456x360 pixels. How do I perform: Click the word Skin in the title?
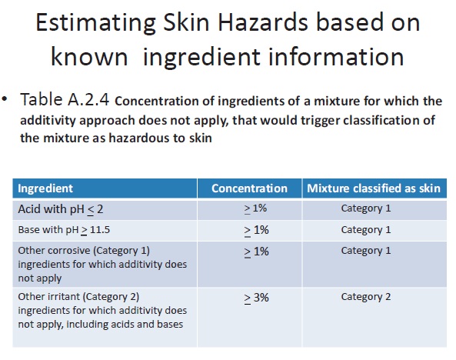[x=186, y=22]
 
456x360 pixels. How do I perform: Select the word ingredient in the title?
[x=201, y=58]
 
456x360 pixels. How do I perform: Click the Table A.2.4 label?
[x=65, y=99]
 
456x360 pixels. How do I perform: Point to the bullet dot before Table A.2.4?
[x=5, y=99]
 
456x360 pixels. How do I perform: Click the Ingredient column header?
[x=45, y=188]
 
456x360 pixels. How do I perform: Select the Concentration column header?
[x=249, y=188]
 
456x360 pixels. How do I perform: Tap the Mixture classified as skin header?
[x=374, y=188]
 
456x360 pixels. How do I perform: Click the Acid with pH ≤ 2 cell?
[x=61, y=209]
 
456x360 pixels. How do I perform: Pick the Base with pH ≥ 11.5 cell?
[x=64, y=230]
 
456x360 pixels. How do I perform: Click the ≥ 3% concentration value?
[x=257, y=298]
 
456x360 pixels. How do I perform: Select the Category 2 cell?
[x=366, y=297]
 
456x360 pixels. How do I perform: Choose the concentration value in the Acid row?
[x=255, y=208]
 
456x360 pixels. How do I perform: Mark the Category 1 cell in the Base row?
[x=366, y=230]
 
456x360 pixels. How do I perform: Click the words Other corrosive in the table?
[x=54, y=250]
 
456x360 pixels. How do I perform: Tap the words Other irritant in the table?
[x=49, y=297]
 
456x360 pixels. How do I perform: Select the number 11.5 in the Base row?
[x=100, y=230]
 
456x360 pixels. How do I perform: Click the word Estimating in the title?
[x=95, y=23]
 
